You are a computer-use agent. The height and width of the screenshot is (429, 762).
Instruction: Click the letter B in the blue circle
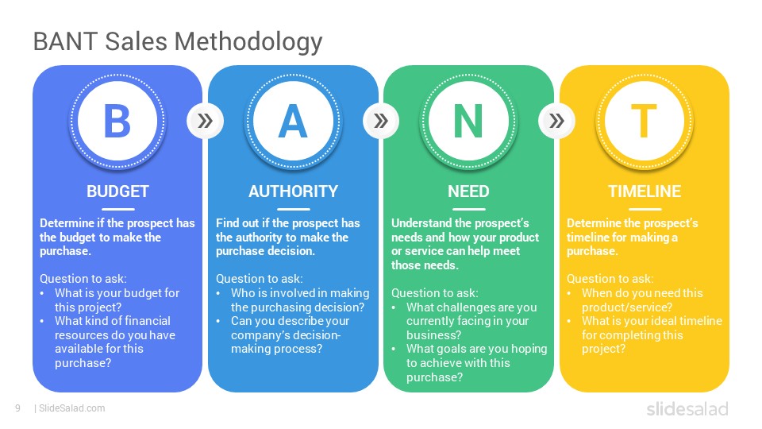117,121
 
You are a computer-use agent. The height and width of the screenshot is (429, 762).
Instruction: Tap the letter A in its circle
293,121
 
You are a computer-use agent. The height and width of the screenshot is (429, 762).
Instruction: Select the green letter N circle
468,121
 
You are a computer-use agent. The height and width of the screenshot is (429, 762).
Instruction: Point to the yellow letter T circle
644,121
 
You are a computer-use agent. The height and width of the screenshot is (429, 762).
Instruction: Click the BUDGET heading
117,191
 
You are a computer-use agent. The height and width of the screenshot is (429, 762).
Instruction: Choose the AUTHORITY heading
293,191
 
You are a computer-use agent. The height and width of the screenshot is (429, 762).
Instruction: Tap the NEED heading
468,191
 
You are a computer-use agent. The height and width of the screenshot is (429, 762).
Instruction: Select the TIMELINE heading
645,191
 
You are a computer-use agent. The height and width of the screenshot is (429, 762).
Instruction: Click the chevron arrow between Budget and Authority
205,121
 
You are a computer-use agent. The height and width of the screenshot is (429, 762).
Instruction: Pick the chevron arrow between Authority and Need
381,121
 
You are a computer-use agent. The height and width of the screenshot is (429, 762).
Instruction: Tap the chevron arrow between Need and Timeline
556,121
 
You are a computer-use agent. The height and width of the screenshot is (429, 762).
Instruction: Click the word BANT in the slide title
66,41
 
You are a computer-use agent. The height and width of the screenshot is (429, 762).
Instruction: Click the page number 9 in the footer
17,408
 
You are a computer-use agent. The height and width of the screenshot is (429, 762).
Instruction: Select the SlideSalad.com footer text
71,408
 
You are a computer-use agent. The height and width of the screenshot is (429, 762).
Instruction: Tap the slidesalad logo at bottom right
687,408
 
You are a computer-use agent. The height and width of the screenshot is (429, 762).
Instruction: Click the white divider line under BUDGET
117,209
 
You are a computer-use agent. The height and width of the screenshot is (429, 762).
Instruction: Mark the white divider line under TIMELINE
645,209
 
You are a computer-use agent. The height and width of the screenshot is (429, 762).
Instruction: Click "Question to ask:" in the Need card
434,293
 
